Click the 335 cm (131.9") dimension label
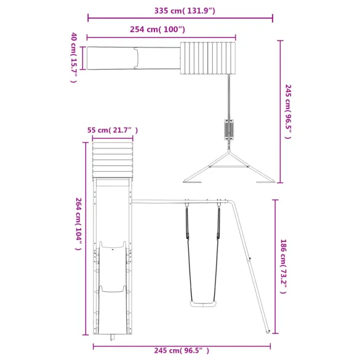[x=180, y=10]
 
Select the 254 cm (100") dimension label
[x=158, y=30]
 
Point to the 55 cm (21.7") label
[x=112, y=130]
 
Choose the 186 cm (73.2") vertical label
[x=284, y=266]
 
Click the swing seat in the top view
[x=229, y=130]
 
